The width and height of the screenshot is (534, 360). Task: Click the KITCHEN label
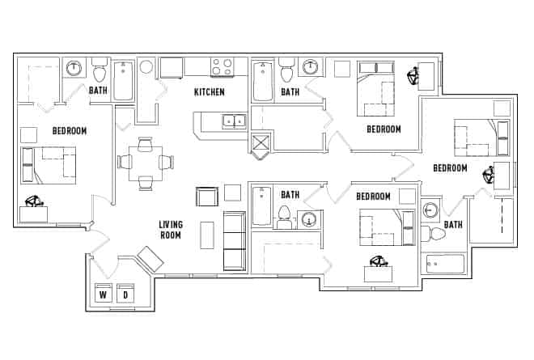pyautogui.click(x=209, y=92)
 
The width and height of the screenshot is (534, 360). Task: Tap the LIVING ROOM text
pyautogui.click(x=170, y=230)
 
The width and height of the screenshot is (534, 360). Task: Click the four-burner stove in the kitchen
pyautogui.click(x=222, y=66)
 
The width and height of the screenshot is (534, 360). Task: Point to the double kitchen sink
pyautogui.click(x=235, y=121)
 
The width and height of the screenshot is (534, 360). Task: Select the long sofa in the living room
pyautogui.click(x=234, y=240)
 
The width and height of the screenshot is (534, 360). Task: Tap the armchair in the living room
pyautogui.click(x=207, y=197)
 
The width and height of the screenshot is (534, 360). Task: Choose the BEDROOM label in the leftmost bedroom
pyautogui.click(x=70, y=130)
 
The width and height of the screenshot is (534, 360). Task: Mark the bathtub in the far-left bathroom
pyautogui.click(x=123, y=80)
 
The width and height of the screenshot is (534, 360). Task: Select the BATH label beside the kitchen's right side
pyautogui.click(x=290, y=92)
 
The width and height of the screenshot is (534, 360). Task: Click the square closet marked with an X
pyautogui.click(x=261, y=146)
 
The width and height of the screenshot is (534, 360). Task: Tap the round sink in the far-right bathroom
pyautogui.click(x=431, y=210)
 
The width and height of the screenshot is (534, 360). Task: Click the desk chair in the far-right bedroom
pyautogui.click(x=489, y=174)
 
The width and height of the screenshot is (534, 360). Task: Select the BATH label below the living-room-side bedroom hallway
pyautogui.click(x=290, y=195)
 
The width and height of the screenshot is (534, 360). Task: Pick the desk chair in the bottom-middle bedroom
pyautogui.click(x=377, y=261)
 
